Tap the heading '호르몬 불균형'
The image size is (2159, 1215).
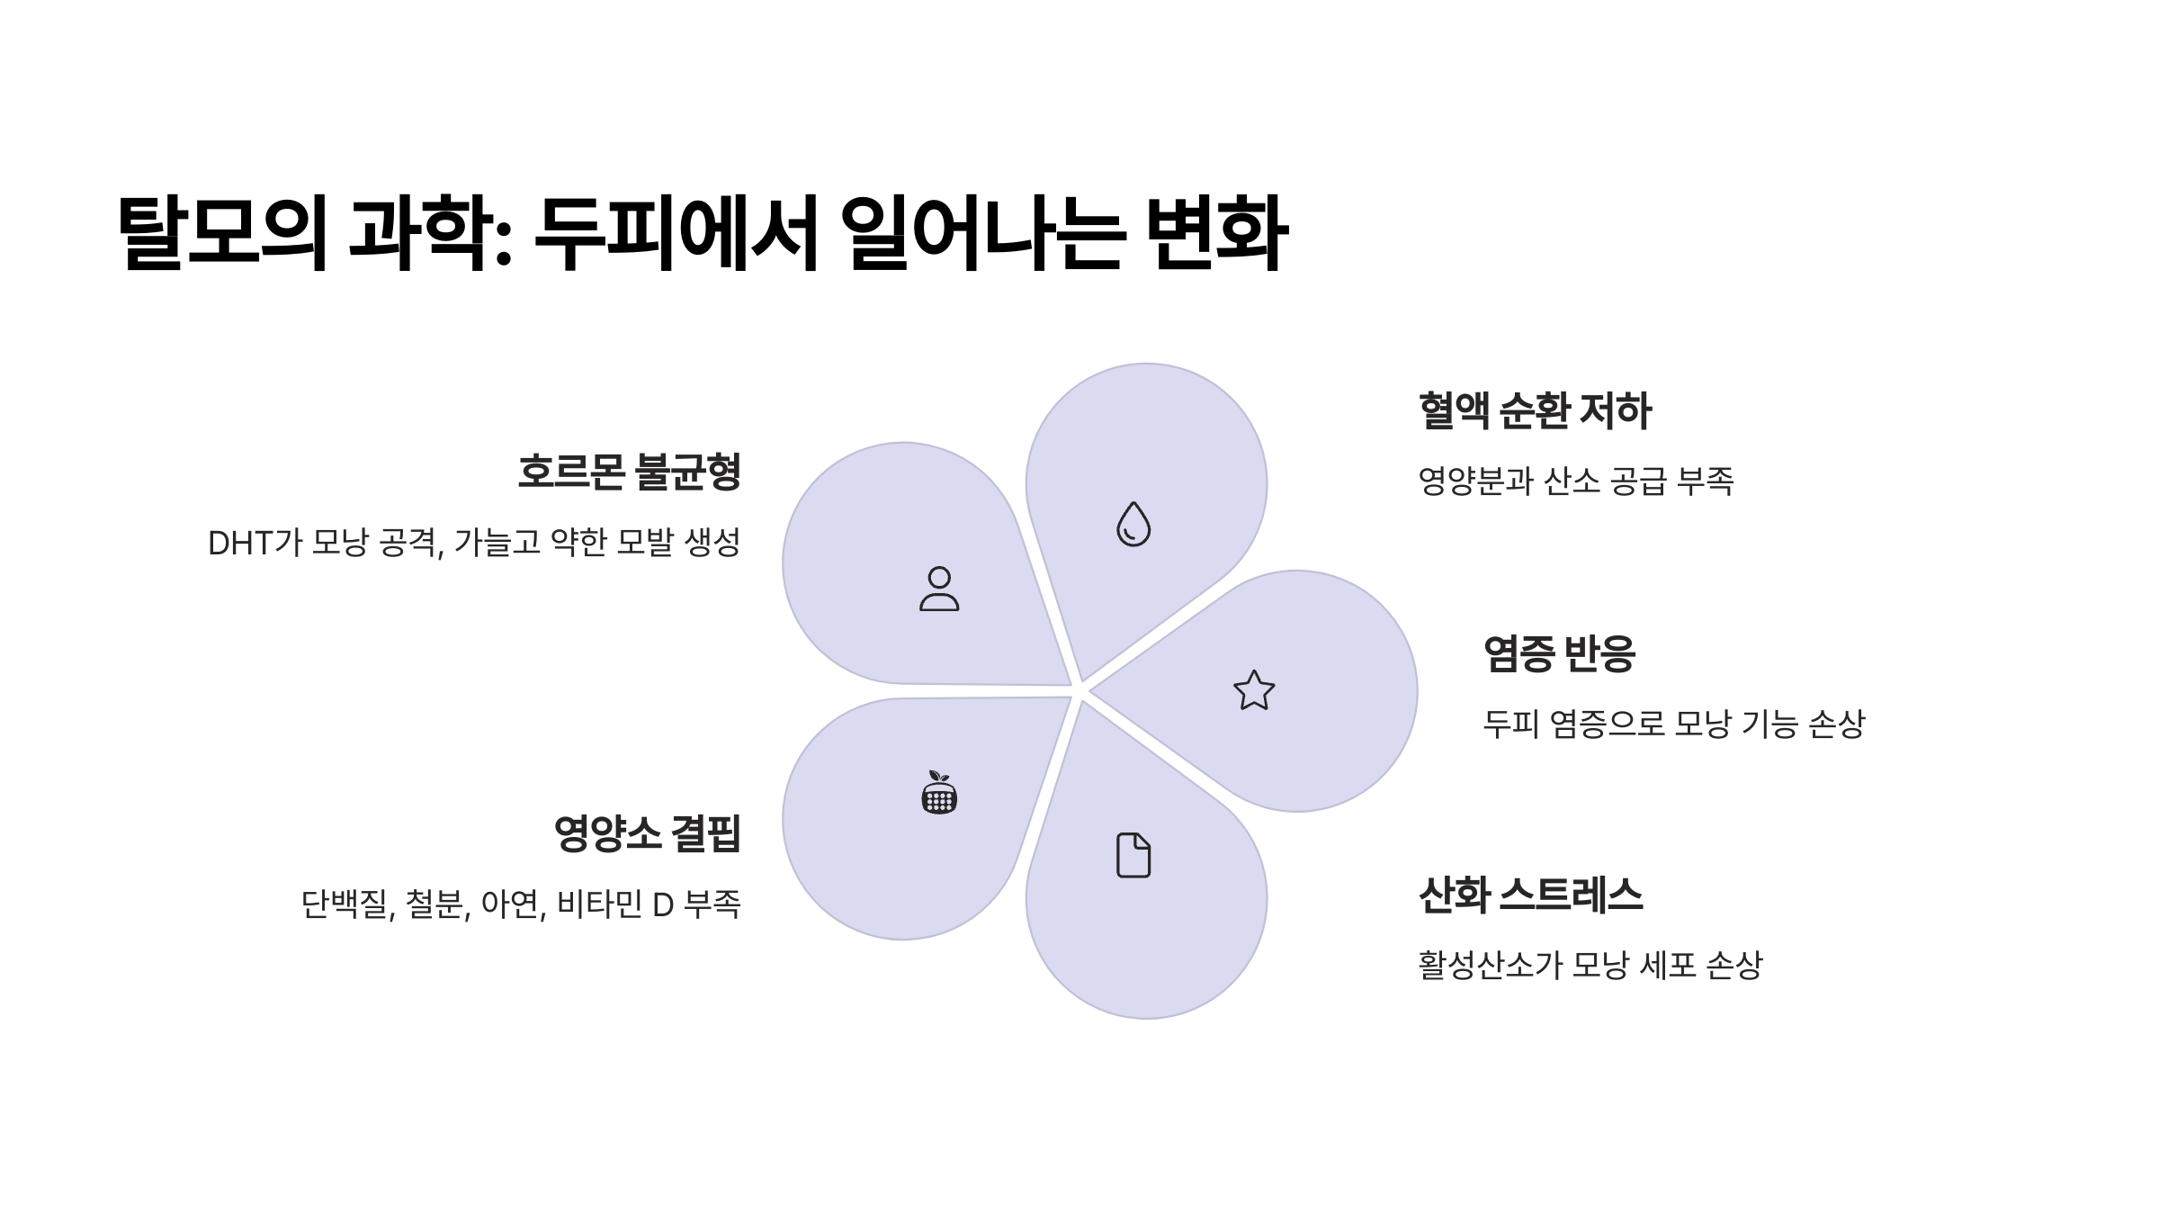(629, 472)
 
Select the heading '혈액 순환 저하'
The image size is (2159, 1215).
(1535, 411)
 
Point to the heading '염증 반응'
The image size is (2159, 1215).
(1559, 653)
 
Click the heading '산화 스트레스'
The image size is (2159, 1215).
(1530, 895)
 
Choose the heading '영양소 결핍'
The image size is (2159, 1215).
(647, 833)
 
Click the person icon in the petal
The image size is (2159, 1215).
(939, 589)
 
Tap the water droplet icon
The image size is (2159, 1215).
(1133, 524)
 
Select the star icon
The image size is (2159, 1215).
(1254, 690)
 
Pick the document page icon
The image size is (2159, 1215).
(1133, 855)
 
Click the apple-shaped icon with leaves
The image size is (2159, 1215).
(939, 792)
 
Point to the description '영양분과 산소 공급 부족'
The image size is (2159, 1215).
(1575, 481)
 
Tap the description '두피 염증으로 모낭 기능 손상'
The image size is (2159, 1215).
(1673, 724)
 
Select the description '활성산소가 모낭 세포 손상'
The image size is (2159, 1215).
(1590, 966)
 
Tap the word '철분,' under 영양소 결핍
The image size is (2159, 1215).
(437, 904)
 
